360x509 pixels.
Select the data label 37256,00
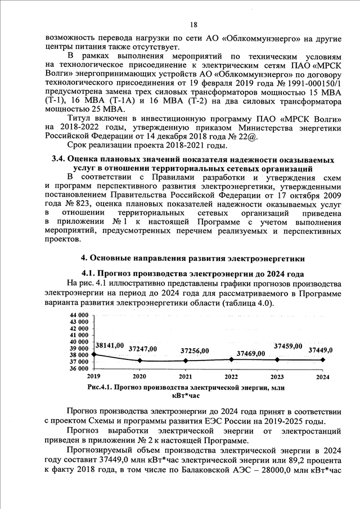coord(195,350)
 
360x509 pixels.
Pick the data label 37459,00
coord(288,346)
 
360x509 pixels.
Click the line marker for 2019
coord(93,354)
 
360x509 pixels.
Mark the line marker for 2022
coord(231,359)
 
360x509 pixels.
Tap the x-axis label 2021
coord(185,376)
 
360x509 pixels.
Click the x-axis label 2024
coord(323,376)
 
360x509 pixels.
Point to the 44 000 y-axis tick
coord(79,314)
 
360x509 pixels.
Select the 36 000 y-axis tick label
coord(79,368)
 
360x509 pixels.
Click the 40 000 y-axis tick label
coord(79,341)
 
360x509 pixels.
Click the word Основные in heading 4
coord(111,258)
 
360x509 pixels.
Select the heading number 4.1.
coord(92,273)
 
